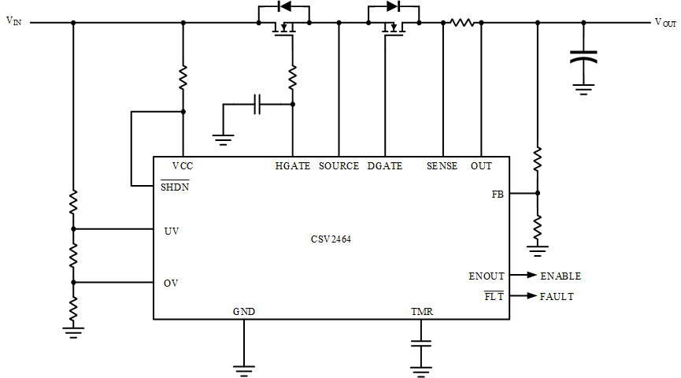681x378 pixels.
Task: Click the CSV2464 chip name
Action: coord(331,239)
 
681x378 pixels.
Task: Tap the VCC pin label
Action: coord(183,166)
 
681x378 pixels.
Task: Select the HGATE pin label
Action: coord(293,166)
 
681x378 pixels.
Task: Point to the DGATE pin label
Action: coord(385,166)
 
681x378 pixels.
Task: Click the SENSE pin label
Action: coord(442,166)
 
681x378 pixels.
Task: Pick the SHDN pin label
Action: coord(175,187)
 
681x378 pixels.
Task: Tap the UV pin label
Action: coord(172,232)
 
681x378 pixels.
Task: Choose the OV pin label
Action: coord(171,283)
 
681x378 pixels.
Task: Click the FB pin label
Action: coord(498,195)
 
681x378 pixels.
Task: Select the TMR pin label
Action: coord(422,312)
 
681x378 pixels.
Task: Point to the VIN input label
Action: coord(14,20)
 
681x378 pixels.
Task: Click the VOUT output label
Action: coord(665,23)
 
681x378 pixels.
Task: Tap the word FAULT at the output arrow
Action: coord(557,297)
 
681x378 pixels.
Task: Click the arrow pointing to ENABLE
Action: coord(524,275)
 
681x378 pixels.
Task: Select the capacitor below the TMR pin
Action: coord(421,343)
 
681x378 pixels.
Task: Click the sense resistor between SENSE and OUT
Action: coord(462,22)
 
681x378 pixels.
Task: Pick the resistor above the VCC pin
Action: coord(183,77)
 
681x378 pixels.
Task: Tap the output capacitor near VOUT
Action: coord(583,57)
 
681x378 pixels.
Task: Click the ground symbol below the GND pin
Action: coord(244,371)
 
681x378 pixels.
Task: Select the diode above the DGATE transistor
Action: coord(393,6)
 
